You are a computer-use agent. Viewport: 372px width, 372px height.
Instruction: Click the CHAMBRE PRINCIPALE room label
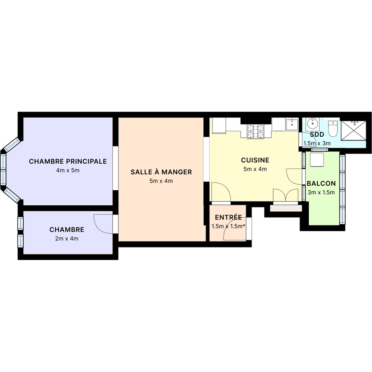click(68, 161)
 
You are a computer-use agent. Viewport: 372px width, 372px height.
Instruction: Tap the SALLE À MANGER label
click(161, 172)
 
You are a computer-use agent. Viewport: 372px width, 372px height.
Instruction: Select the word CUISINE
click(255, 160)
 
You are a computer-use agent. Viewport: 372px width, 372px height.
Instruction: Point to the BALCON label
click(321, 183)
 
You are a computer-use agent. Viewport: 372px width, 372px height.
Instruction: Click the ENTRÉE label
click(228, 217)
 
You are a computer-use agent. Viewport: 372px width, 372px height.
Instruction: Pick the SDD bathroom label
click(317, 135)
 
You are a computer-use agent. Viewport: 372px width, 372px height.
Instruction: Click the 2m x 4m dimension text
click(67, 238)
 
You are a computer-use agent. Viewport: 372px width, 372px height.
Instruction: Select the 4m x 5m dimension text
click(68, 170)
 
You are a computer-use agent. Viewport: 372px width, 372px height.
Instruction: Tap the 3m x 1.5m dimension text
click(321, 192)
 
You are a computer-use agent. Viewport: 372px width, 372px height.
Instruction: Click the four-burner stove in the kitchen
click(256, 132)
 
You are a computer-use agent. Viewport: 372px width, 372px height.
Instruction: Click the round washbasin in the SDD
click(312, 123)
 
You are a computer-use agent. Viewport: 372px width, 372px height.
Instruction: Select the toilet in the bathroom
click(333, 129)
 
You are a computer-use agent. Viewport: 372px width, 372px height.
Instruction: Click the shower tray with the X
click(354, 131)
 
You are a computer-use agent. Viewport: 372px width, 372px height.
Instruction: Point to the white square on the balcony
click(317, 160)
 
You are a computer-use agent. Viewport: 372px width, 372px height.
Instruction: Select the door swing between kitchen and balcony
click(294, 177)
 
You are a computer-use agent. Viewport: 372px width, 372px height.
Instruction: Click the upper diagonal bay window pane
click(12, 145)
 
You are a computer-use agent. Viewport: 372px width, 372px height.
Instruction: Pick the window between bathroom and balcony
click(319, 150)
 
